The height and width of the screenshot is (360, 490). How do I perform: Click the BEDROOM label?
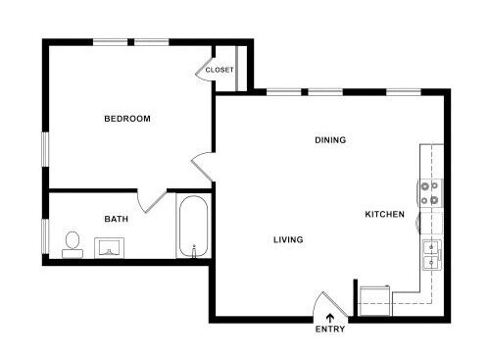(x=127, y=119)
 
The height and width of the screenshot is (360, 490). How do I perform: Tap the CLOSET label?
(x=219, y=70)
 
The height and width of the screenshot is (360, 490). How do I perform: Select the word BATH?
(x=117, y=219)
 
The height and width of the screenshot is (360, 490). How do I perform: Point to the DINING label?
(x=330, y=140)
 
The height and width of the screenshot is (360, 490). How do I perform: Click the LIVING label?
(x=288, y=239)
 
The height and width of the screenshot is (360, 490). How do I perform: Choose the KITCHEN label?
(x=384, y=214)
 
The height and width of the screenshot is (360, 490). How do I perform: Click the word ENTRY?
(x=329, y=329)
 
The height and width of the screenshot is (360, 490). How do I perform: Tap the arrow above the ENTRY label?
(x=329, y=316)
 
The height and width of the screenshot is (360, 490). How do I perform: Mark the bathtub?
(x=192, y=227)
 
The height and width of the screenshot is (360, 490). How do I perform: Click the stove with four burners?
(x=429, y=193)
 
